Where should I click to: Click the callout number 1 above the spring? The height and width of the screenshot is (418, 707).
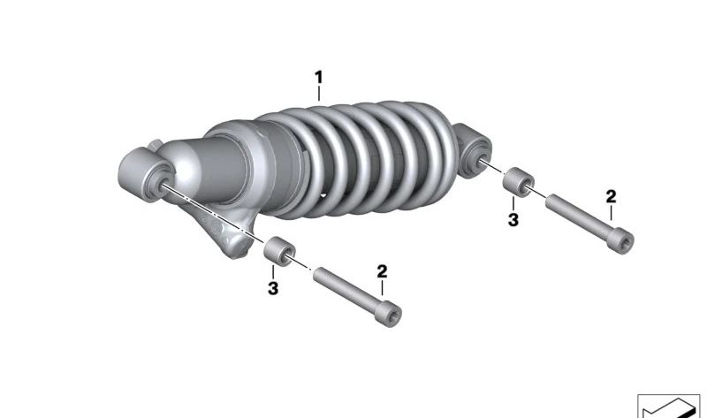point(319,78)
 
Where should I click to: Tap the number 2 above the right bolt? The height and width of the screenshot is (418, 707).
point(611,196)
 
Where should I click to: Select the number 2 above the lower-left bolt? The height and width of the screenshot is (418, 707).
point(382,271)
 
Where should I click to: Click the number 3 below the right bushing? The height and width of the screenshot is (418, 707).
point(513,220)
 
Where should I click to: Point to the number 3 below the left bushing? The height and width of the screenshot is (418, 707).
point(273,288)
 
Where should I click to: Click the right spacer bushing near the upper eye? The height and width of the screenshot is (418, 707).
point(519,182)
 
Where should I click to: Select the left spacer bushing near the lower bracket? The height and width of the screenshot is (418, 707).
point(279,251)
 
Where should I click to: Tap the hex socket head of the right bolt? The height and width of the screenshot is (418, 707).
point(621,240)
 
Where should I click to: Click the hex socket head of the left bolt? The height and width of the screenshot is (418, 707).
point(389,314)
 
